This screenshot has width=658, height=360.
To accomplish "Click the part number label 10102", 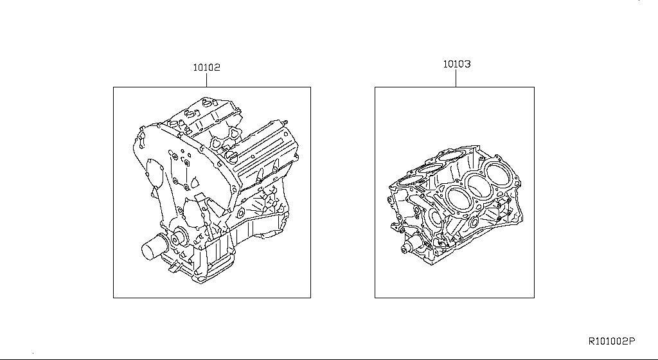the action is coord(206,67).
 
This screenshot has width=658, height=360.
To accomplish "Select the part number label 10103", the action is coord(457,64).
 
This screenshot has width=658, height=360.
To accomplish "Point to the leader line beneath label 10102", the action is coord(206,80).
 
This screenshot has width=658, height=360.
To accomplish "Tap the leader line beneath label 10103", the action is coord(456,78).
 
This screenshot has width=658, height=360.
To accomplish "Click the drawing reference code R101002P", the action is coord(612,341).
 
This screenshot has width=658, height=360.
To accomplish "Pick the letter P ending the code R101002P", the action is coord(632,341).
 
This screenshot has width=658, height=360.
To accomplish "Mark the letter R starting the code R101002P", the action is coord(591,341).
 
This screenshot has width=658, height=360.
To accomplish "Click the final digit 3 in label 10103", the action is coord(468,64).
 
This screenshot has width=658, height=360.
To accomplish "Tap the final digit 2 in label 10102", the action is coord(217,67).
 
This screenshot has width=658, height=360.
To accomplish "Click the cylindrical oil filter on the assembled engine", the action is coord(153,248).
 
